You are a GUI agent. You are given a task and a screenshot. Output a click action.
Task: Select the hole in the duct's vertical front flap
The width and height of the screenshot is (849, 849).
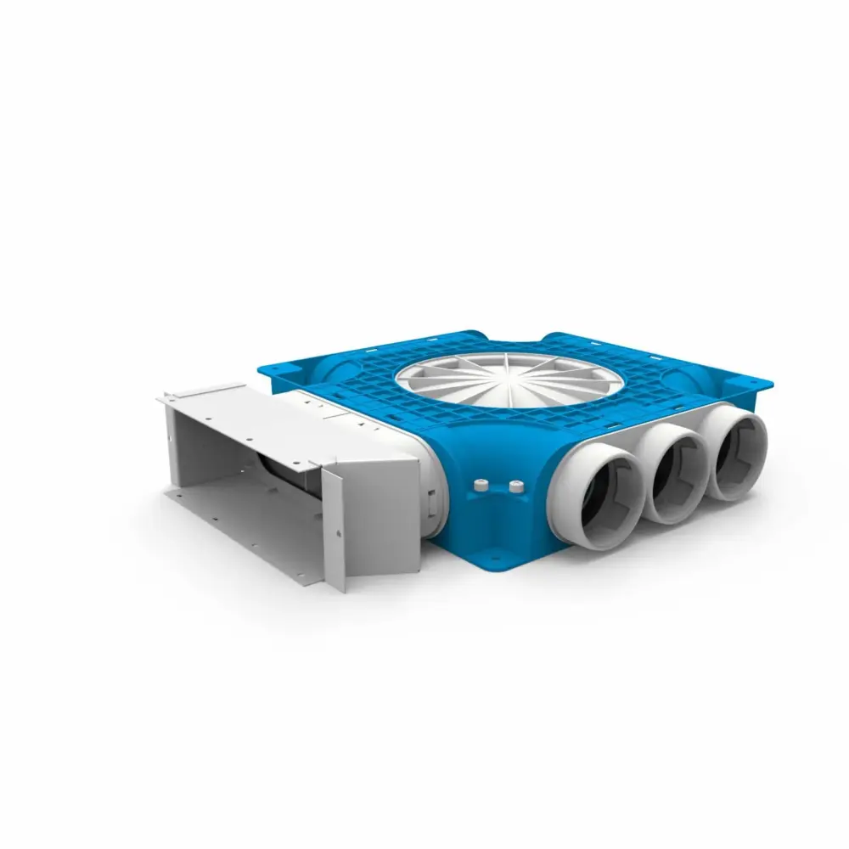click(x=338, y=533)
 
